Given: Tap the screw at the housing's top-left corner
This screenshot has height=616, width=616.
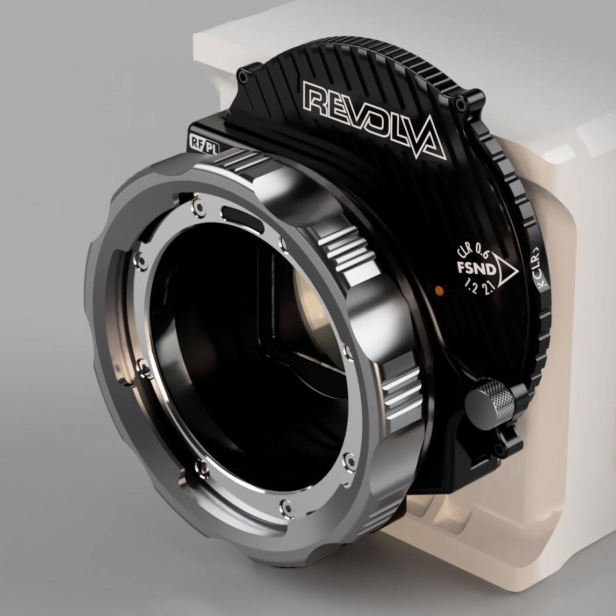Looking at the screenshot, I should [245, 78].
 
